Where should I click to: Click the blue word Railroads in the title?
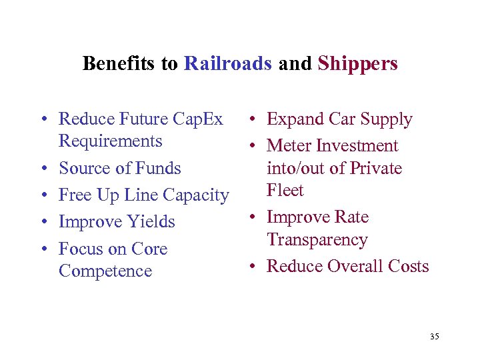(227, 63)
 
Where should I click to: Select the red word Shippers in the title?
(357, 64)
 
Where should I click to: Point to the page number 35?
(435, 337)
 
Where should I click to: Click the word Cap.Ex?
(198, 119)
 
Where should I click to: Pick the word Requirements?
(111, 141)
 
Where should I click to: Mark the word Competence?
(105, 271)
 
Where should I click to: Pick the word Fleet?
(285, 191)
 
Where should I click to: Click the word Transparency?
(317, 240)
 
